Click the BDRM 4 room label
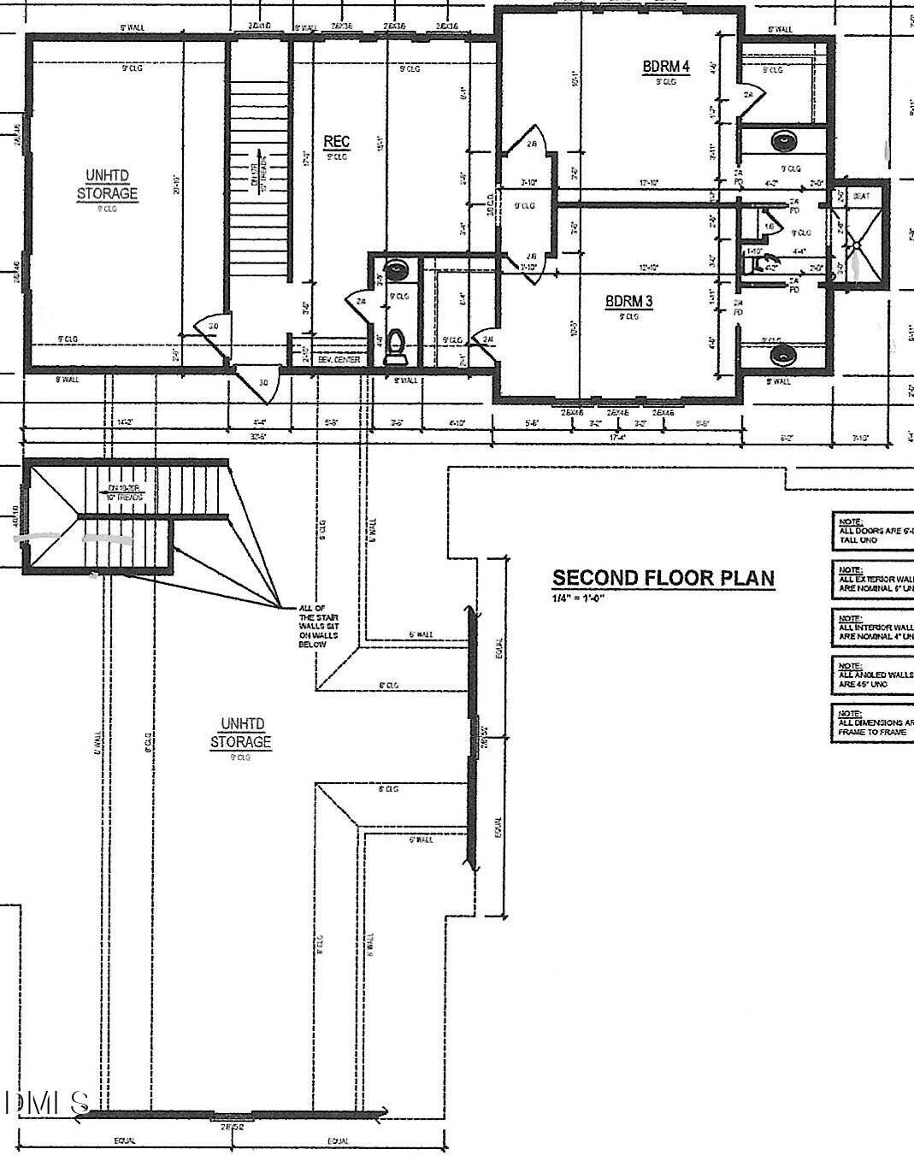click(666, 67)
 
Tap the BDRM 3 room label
click(628, 301)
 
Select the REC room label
click(337, 141)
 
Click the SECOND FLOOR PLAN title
click(663, 578)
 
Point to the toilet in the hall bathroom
click(395, 346)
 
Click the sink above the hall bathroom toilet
click(396, 271)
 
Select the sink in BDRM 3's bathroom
click(780, 353)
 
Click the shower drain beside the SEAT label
click(855, 245)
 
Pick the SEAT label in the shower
click(861, 196)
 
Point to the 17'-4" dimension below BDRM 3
click(615, 437)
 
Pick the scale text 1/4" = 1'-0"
click(578, 598)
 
